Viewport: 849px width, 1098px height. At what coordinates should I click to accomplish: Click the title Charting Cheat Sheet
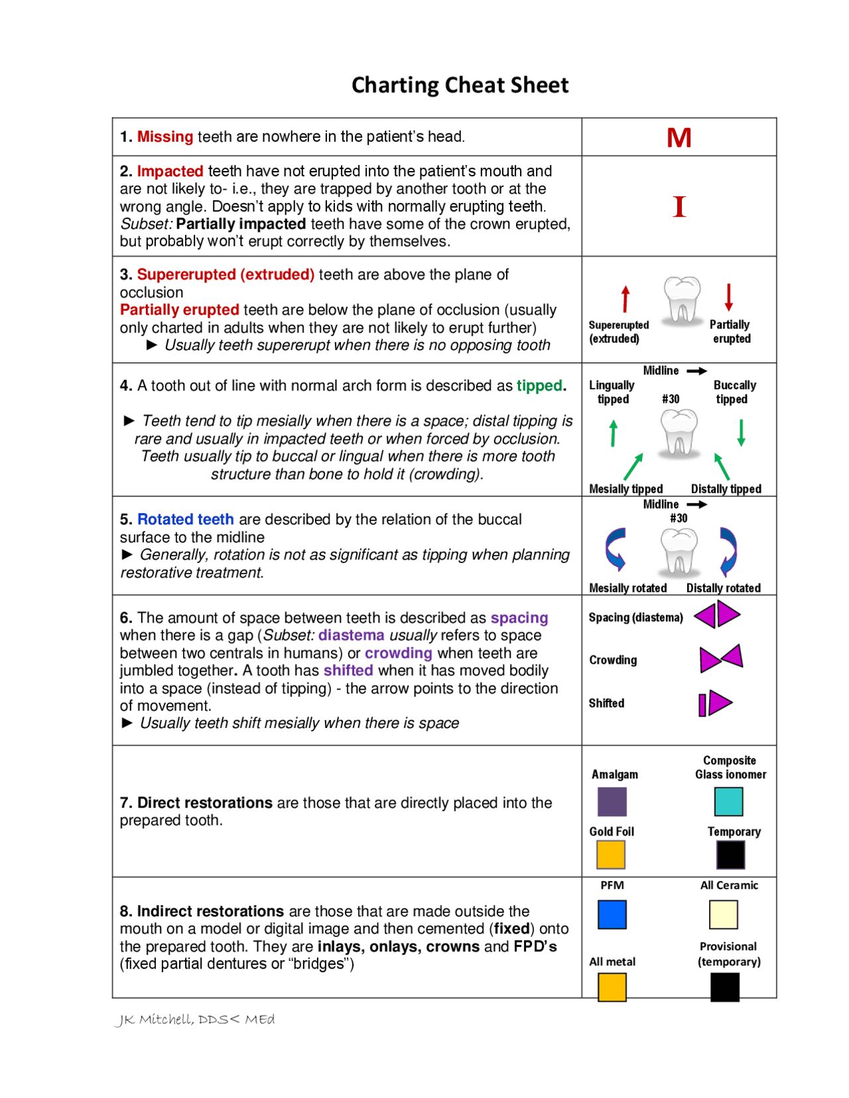coord(460,85)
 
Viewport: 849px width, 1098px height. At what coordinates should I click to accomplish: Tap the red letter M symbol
coord(679,138)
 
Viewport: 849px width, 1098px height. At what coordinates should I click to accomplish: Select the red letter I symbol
coord(679,207)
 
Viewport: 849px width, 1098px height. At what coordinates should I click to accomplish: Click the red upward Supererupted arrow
coord(625,298)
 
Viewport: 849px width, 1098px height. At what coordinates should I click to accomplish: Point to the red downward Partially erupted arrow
coord(728,297)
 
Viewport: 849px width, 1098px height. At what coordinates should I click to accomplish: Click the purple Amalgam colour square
coord(612,802)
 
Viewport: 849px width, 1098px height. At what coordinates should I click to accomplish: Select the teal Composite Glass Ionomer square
coord(728,802)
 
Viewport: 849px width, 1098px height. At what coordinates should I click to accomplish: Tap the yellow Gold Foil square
coord(611,855)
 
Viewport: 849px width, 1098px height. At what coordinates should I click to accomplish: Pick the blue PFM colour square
coord(612,914)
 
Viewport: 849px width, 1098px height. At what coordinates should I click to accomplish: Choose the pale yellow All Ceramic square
coord(723,914)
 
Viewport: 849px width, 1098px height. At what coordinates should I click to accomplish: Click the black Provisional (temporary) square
coord(724,987)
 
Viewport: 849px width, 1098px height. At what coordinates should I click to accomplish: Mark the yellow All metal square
coord(612,987)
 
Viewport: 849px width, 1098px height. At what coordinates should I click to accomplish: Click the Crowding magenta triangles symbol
coord(721,658)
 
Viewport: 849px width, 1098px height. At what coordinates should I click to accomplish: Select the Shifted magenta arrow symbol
coord(715,703)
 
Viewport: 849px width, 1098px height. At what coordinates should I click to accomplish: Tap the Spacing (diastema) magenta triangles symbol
coord(716,615)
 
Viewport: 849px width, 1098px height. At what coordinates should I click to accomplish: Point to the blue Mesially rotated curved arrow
coord(616,550)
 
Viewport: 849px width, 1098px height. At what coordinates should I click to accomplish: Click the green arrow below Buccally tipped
coord(741,432)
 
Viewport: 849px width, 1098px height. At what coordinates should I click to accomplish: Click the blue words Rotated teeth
coord(185,519)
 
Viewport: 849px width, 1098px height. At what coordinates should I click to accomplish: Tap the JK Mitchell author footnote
coord(194,1019)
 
